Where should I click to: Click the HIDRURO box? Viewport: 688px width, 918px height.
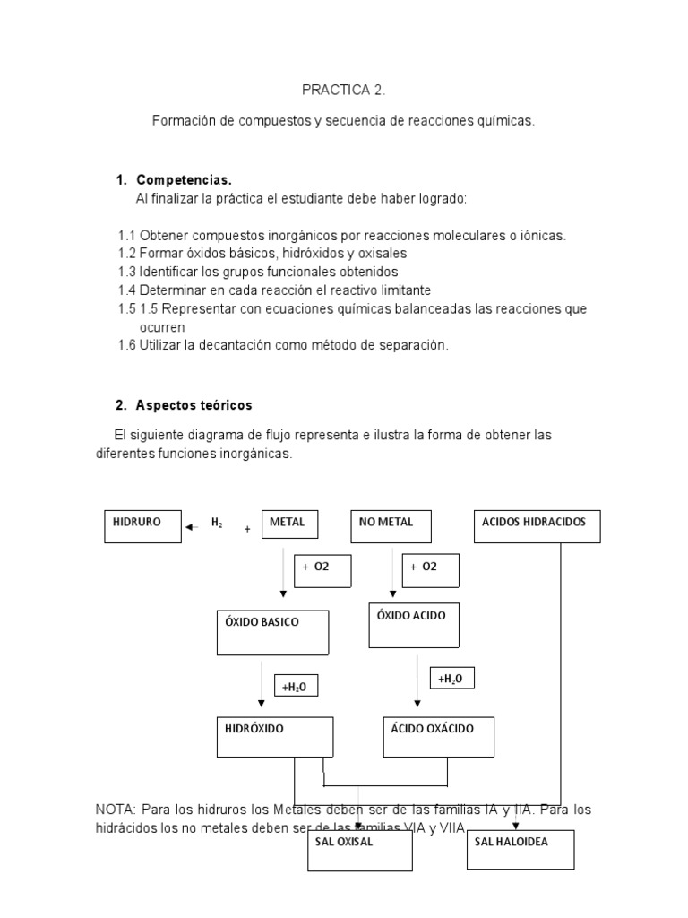tap(142, 526)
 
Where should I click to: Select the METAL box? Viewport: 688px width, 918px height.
tap(290, 524)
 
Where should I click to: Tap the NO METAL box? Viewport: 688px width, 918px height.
tap(391, 526)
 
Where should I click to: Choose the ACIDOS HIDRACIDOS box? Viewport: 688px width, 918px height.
tap(537, 526)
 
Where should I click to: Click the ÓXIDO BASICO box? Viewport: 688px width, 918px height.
tap(273, 632)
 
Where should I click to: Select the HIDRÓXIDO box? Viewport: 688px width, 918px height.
tap(275, 736)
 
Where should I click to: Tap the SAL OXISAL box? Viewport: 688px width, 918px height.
tap(359, 850)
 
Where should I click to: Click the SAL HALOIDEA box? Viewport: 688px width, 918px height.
tap(520, 849)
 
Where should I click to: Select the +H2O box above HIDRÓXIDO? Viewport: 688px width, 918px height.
tap(297, 687)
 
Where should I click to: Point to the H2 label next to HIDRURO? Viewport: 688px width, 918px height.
tap(217, 524)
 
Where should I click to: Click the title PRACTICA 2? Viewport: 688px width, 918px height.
tap(344, 91)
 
